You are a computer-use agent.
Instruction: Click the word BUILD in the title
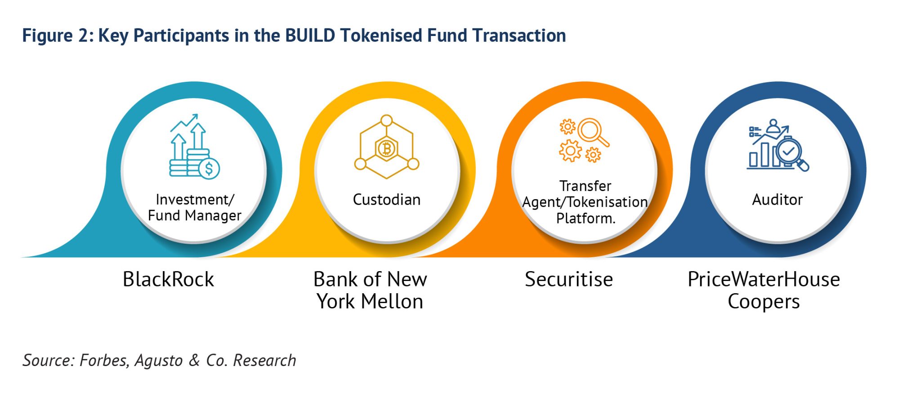pos(310,36)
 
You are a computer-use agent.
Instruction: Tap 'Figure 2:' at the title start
pos(58,36)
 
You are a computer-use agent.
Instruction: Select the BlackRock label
pos(168,279)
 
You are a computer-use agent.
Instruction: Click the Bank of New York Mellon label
pos(370,290)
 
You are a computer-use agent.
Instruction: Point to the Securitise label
pos(568,279)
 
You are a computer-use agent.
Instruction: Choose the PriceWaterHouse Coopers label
pos(764,290)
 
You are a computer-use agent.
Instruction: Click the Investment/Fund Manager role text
pos(194,207)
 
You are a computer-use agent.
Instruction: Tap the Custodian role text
pos(386,199)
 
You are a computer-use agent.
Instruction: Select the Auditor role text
pos(777,199)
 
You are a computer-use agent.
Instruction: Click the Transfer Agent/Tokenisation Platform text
pos(585,202)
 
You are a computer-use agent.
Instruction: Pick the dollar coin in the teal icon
pos(209,169)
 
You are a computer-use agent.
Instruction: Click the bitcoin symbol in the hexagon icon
pos(386,148)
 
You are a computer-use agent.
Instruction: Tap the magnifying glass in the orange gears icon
pos(590,130)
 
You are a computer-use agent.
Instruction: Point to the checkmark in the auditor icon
pos(788,152)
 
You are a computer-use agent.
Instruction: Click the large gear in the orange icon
pos(570,151)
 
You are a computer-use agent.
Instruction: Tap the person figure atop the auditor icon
pos(773,126)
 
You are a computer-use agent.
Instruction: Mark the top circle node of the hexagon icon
pos(386,121)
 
